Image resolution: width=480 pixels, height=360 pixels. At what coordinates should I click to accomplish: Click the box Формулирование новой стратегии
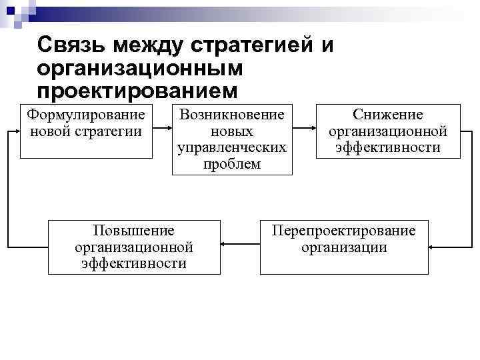[x=86, y=131]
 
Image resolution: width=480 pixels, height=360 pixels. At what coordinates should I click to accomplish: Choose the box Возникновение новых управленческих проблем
[x=232, y=139]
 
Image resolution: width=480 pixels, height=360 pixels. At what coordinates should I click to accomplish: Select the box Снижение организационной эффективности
[x=387, y=131]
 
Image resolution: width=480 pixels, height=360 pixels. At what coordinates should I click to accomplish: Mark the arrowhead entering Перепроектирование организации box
[x=431, y=247]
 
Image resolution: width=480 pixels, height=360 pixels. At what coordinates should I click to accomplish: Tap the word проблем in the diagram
[x=232, y=164]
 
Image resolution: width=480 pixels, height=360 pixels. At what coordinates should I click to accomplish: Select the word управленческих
[x=232, y=147]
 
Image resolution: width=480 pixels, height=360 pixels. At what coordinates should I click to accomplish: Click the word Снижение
[x=387, y=115]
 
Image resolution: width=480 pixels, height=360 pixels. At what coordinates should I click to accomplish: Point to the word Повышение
[x=134, y=231]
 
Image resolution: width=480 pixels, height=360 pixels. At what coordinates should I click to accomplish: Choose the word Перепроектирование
[x=343, y=231]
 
